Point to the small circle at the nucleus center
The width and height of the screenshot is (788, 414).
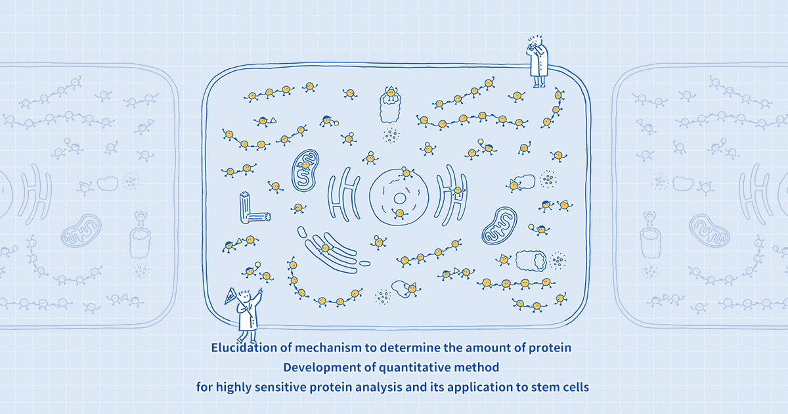click(x=399, y=198)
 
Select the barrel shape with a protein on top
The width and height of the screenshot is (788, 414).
click(x=391, y=105)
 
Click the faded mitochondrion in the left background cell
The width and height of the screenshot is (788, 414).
click(x=81, y=231)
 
